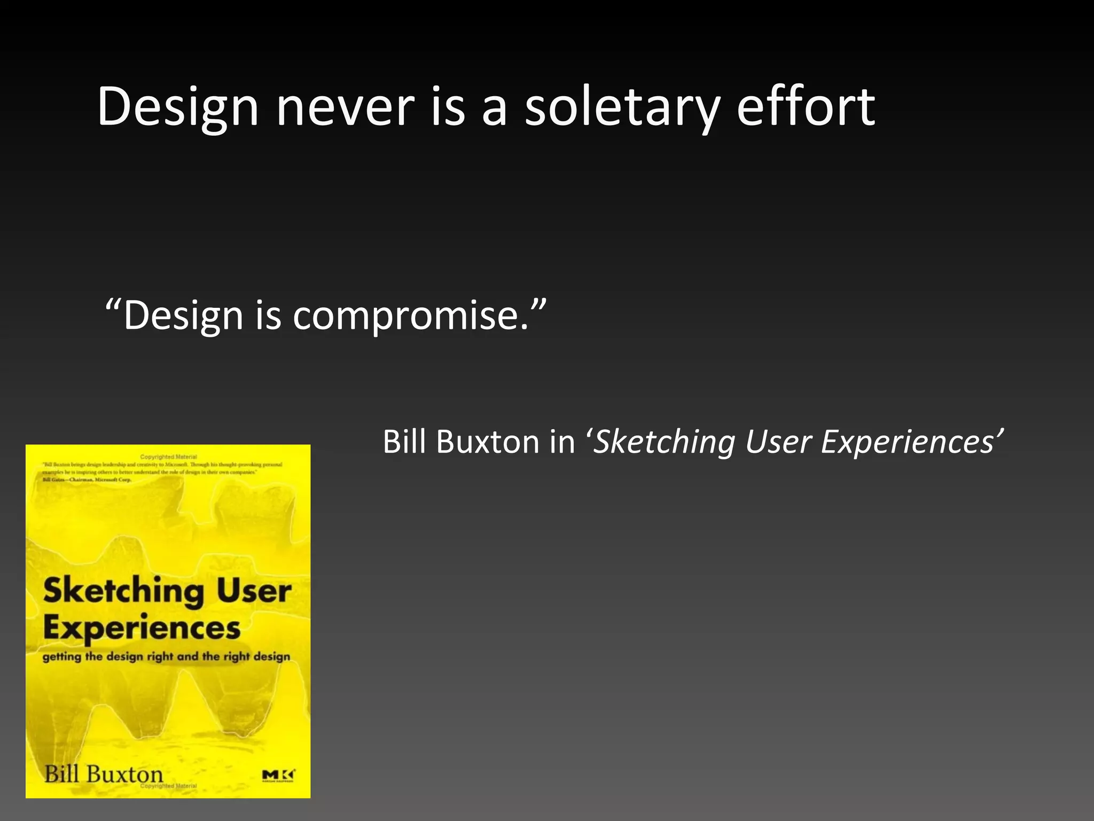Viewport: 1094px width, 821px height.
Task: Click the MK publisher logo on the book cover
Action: [278, 776]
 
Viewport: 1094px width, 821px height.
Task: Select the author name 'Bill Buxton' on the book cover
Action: [104, 774]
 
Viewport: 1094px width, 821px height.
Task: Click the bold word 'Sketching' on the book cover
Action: [123, 592]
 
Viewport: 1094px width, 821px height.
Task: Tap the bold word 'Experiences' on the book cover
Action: [142, 629]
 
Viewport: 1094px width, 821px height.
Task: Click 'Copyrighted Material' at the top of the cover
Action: [168, 457]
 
